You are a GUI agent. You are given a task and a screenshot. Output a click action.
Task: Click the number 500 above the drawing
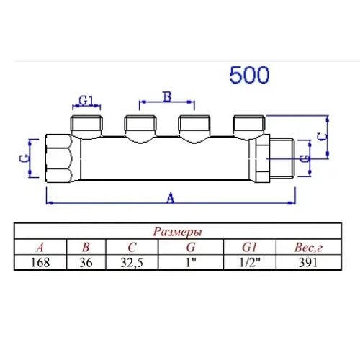(x=249, y=75)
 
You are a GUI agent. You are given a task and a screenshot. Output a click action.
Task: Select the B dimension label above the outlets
(x=167, y=96)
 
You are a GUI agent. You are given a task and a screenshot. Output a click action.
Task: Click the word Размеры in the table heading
(x=177, y=232)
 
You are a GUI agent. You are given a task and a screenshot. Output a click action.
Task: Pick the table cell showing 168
(x=40, y=263)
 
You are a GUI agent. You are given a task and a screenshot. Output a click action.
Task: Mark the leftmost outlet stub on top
(x=86, y=122)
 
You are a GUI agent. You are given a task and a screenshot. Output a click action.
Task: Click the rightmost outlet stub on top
(x=246, y=122)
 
